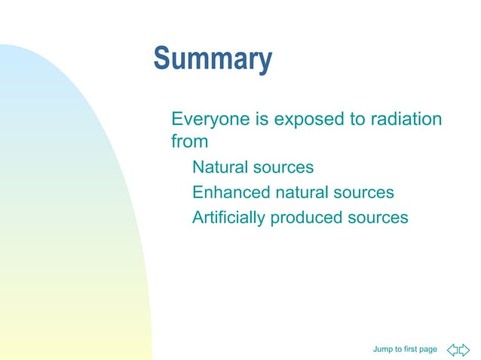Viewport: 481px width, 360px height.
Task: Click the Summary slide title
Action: point(213,60)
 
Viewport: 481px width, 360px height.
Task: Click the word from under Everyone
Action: point(189,141)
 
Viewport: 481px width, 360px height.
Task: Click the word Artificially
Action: point(228,218)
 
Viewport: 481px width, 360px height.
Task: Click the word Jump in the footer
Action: point(382,349)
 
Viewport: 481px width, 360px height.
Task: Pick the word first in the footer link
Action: point(411,349)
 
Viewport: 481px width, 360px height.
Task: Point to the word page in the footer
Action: point(429,349)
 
